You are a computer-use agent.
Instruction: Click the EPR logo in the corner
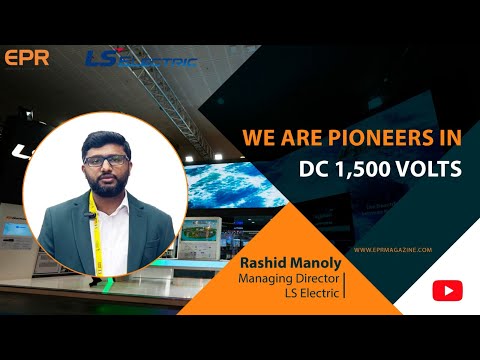26,58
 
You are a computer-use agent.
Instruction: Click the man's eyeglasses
105,160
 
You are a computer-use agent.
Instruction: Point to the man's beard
106,183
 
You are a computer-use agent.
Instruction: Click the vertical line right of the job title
345,283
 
